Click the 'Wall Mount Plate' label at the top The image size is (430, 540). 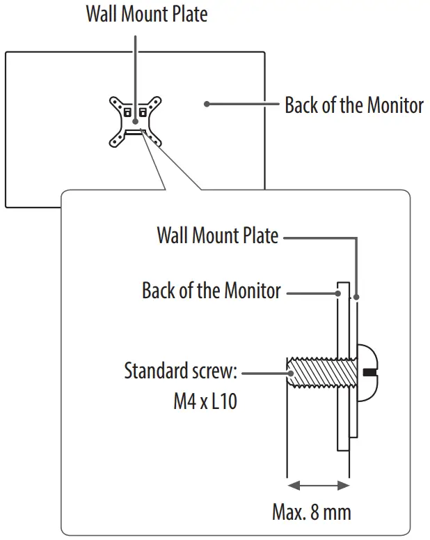coord(146,14)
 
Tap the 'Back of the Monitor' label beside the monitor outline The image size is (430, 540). coord(353,105)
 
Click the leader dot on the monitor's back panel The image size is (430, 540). coord(207,105)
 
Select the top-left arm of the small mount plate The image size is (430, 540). coord(116,102)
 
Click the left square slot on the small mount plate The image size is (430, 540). coord(127,111)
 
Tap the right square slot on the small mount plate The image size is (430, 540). coord(144,111)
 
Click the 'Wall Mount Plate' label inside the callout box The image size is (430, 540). coord(217,236)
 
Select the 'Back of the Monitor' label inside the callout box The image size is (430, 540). coord(212,290)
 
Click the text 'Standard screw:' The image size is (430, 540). coord(181,370)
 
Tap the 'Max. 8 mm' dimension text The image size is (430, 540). coord(312,513)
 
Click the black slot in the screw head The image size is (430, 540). coord(369,373)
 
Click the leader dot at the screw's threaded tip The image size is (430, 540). coord(292,373)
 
